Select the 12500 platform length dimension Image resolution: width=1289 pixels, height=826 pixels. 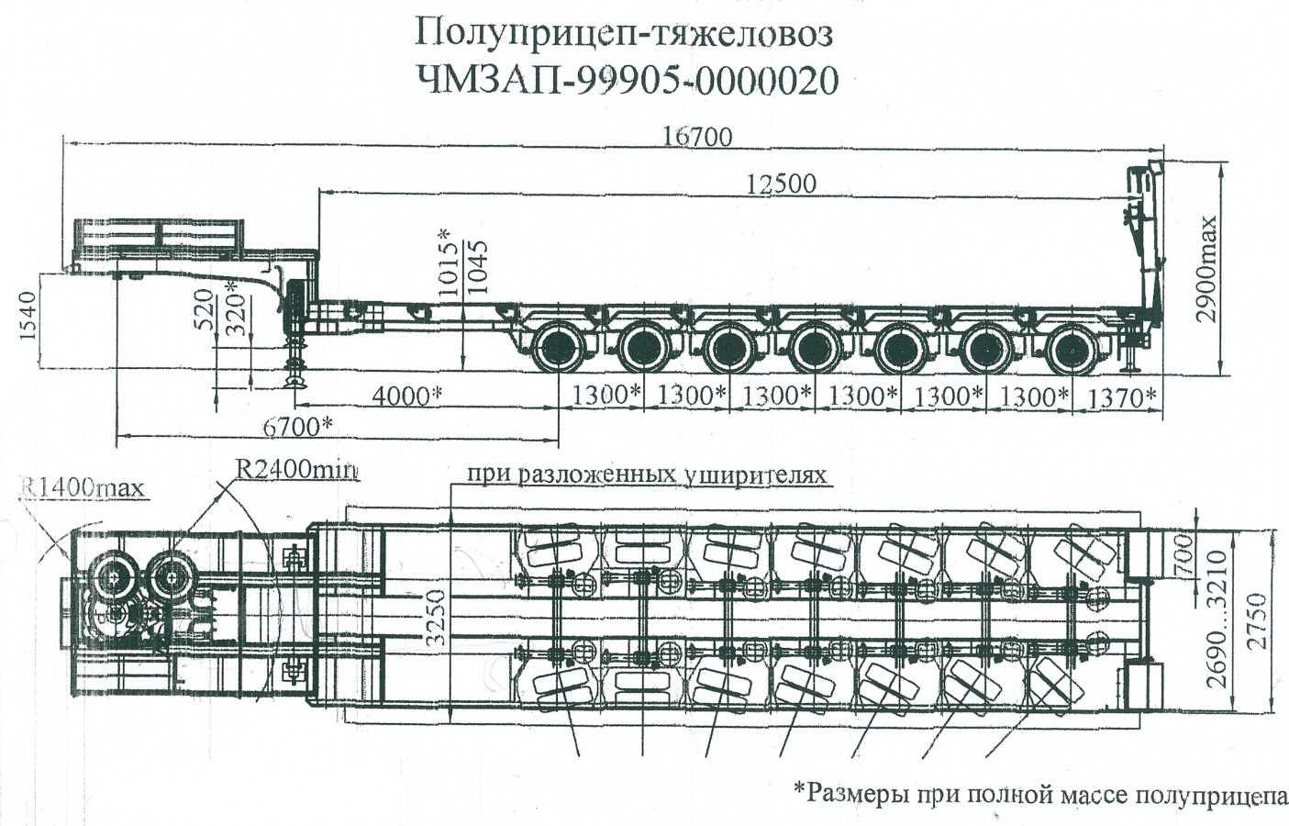coord(780,184)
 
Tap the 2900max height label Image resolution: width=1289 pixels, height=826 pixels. coord(1208,268)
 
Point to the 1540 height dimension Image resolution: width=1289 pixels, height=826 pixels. coord(28,316)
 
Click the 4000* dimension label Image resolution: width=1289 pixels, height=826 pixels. coord(406,396)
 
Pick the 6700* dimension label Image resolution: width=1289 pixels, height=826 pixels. coord(296,426)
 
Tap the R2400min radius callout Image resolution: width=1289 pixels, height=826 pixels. coord(297,469)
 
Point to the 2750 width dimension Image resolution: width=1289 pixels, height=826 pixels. coord(1258,620)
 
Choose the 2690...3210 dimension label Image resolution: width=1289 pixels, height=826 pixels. coord(1215,619)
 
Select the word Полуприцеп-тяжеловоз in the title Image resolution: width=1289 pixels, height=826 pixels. coord(624,34)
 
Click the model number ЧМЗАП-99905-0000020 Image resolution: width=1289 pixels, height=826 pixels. coord(628,81)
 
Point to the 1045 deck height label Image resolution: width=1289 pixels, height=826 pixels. coord(476,267)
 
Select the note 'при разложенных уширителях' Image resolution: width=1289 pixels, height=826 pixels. coord(647,474)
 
